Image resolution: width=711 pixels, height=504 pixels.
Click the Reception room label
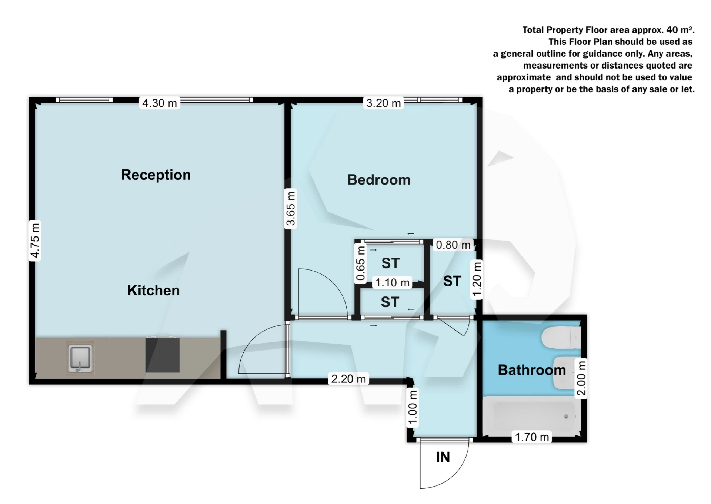[156, 175]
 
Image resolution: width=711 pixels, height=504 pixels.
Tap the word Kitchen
[153, 291]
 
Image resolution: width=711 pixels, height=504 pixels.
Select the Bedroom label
[379, 180]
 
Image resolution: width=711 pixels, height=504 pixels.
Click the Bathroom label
[532, 370]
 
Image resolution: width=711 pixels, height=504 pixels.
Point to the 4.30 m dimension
[160, 103]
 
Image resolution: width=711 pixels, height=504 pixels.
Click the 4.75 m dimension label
[35, 241]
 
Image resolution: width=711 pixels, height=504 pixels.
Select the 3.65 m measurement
[291, 209]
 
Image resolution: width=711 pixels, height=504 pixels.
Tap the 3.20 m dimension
[384, 103]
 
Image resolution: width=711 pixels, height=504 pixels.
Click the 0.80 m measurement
[453, 245]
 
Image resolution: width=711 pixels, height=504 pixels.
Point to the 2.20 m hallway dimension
[348, 379]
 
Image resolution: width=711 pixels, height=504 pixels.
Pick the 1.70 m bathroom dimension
[532, 437]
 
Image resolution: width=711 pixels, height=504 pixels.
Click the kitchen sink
[80, 358]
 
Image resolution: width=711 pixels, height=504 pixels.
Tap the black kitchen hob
[163, 355]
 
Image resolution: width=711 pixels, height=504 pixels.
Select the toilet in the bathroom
[560, 337]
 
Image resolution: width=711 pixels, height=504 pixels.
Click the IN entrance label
[443, 457]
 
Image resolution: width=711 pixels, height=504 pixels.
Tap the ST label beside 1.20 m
[452, 281]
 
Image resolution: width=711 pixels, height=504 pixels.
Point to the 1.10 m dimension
[392, 283]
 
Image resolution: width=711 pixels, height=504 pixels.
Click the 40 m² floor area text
[680, 30]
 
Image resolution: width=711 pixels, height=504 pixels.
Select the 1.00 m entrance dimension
[413, 407]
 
